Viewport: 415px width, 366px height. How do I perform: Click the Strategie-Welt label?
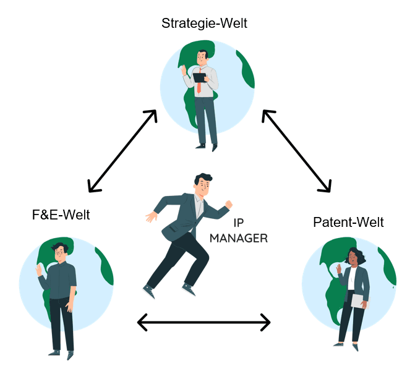pos(204,23)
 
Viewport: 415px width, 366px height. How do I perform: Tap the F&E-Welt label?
pos(61,215)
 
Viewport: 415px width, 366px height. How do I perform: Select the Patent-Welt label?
pos(348,222)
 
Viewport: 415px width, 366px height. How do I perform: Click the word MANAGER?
pos(239,239)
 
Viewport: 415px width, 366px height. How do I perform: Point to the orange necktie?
pos(199,82)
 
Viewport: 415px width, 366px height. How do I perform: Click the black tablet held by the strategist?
pos(200,78)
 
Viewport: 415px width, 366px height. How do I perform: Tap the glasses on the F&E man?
pos(61,253)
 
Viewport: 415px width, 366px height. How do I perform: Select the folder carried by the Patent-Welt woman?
pos(360,301)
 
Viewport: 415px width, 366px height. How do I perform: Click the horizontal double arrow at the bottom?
pos(204,322)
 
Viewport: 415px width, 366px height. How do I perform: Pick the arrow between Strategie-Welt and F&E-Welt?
pos(122,151)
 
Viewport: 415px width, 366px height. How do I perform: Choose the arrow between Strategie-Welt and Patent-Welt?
pos(296,151)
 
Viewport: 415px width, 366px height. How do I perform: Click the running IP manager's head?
pos(203,184)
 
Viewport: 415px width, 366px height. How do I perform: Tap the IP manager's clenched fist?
pos(229,204)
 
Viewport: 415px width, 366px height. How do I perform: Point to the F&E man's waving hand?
pos(39,270)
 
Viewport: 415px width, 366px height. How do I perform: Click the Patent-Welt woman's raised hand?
pos(339,269)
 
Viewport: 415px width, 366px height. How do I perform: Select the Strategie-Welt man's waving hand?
pos(184,70)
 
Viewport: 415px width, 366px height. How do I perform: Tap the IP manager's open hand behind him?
pos(152,216)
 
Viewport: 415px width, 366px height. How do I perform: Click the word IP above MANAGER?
pos(239,223)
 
